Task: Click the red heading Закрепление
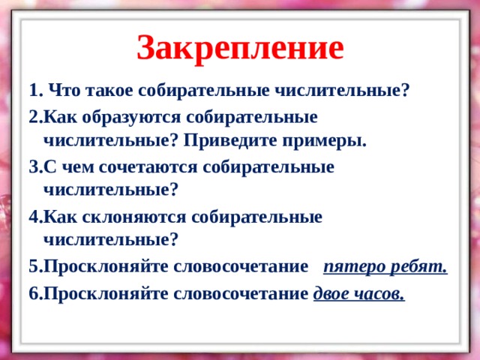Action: point(240,49)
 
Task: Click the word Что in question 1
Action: point(64,91)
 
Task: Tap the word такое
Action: point(109,91)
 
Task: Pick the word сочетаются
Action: point(148,167)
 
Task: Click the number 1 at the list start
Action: point(34,91)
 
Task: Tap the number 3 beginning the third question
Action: point(33,167)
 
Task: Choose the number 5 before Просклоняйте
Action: point(33,267)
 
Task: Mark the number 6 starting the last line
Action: point(33,294)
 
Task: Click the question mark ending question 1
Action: point(405,91)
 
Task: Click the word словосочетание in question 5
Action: point(241,267)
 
